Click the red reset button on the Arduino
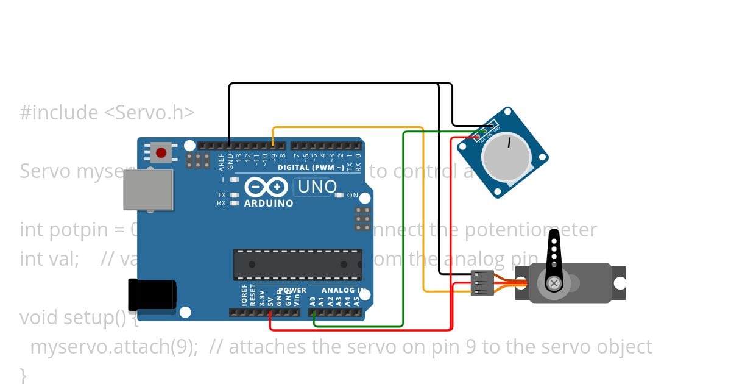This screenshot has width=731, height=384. point(161,152)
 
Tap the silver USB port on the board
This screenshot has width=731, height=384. point(148,190)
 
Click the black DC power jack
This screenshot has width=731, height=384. point(152,294)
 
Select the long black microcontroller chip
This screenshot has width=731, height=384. point(297,264)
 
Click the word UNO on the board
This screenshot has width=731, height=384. point(315,187)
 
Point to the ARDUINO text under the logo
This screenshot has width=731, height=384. point(269,203)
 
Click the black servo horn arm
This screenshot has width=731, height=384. point(554,256)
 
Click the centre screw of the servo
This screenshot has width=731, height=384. point(554,283)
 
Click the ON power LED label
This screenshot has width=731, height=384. point(353,196)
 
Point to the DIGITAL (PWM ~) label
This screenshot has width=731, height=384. point(310,168)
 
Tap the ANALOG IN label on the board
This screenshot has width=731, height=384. point(344,291)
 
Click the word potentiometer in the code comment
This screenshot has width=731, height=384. point(531,230)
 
